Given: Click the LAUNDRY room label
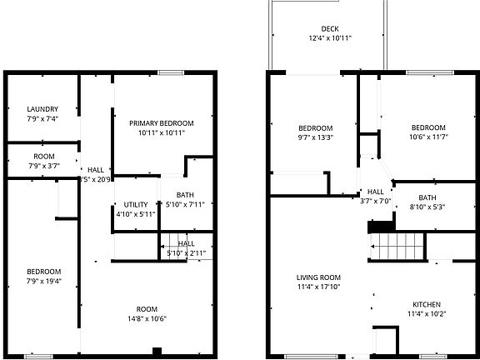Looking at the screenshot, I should pyautogui.click(x=42, y=109).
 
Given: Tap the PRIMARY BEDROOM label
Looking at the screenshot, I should pyautogui.click(x=161, y=122).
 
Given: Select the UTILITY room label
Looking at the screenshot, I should pyautogui.click(x=136, y=204).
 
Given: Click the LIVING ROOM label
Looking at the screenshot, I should pyautogui.click(x=319, y=277).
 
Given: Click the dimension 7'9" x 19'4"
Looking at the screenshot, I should pyautogui.click(x=42, y=282).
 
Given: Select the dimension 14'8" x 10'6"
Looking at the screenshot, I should pyautogui.click(x=147, y=318).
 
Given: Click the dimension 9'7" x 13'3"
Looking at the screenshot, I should pyautogui.click(x=316, y=137).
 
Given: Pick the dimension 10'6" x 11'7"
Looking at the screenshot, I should pyautogui.click(x=427, y=137).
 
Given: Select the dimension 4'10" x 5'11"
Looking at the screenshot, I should pyautogui.click(x=136, y=214).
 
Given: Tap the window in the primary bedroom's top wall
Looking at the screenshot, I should pyautogui.click(x=171, y=73).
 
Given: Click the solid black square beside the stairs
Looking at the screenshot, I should pyautogui.click(x=380, y=226).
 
